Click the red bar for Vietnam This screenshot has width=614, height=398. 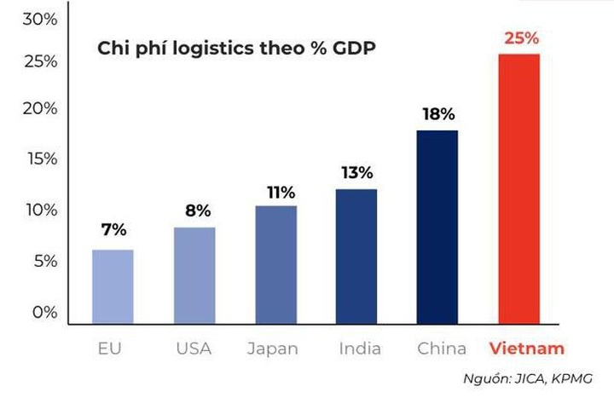[x=519, y=187]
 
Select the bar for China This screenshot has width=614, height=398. [x=437, y=226]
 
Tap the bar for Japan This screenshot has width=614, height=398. [x=275, y=264]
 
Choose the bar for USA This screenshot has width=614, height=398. [x=194, y=274]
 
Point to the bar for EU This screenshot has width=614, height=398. [x=113, y=286]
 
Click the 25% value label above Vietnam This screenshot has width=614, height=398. [x=520, y=38]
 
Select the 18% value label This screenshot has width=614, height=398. [x=437, y=114]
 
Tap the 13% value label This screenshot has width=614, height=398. [x=356, y=173]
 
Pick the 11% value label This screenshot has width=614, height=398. [x=275, y=192]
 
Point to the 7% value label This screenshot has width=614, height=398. [x=113, y=230]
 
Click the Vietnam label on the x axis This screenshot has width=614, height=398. [x=526, y=349]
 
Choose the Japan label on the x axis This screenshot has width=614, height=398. [x=273, y=349]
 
